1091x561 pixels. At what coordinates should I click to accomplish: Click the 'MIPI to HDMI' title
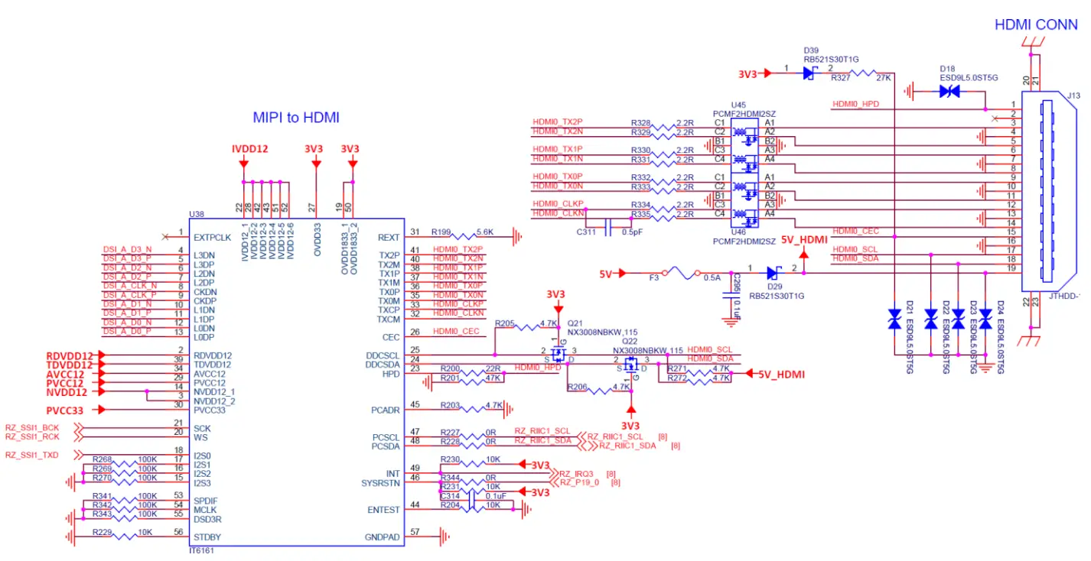[295, 118]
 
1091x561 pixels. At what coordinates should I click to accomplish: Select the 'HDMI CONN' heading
[1036, 24]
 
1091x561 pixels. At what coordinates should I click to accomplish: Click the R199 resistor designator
[441, 231]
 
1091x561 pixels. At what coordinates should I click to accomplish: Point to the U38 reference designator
[197, 216]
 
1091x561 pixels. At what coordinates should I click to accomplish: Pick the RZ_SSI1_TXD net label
[32, 455]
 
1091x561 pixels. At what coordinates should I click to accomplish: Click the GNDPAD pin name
[382, 537]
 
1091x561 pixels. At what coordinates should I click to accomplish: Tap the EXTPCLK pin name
[212, 237]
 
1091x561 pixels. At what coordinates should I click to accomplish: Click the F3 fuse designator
[654, 278]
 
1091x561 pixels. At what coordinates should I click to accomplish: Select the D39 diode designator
[811, 49]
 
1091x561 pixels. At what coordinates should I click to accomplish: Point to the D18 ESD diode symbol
[949, 91]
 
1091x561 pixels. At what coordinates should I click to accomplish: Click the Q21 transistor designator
[575, 323]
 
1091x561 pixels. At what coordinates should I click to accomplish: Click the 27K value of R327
[884, 77]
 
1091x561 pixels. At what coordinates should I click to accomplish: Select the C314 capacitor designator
[450, 495]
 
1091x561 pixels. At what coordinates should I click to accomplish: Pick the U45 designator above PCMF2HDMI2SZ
[738, 105]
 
